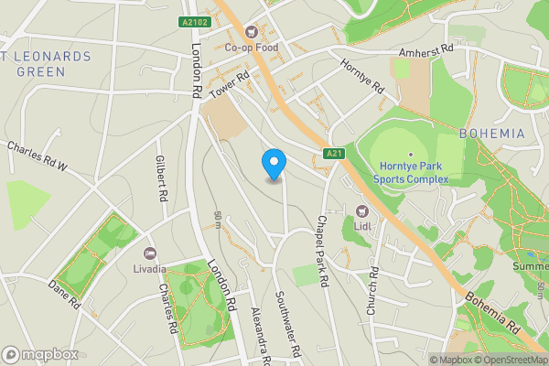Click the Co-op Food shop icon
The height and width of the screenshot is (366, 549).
tap(271, 29)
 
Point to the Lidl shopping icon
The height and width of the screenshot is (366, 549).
tap(361, 211)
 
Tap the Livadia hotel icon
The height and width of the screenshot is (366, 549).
tap(150, 253)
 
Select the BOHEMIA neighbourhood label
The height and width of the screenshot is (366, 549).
tap(492, 134)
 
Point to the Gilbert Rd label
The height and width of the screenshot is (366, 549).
tap(161, 178)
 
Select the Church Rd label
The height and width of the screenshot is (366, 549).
tap(372, 291)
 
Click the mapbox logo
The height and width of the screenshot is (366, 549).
tap(40, 354)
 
